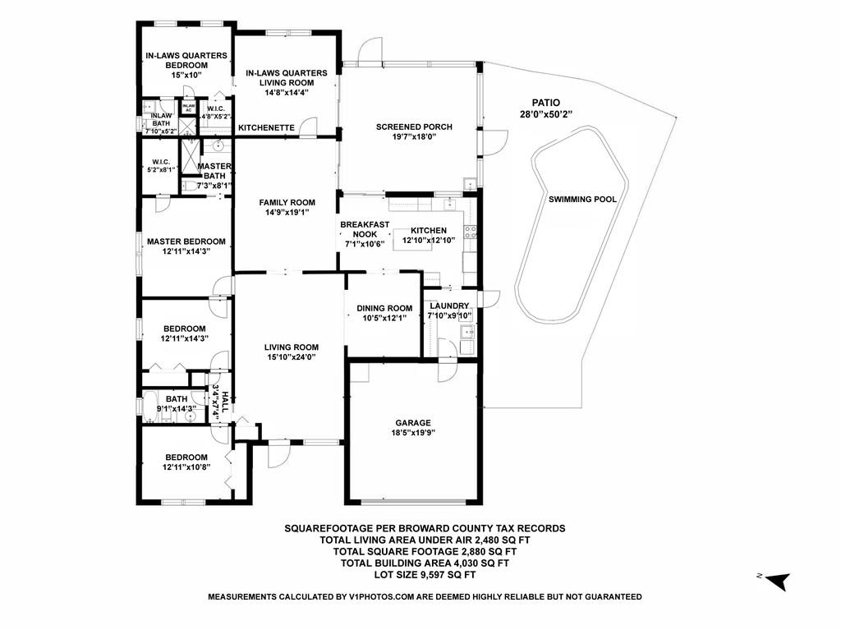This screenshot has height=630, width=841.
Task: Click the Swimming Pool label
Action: [x=582, y=199]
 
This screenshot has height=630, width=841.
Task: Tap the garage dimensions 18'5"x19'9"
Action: [x=413, y=433]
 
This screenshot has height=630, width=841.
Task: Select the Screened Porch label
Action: [x=414, y=126]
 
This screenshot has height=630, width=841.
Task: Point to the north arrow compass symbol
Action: [x=778, y=581]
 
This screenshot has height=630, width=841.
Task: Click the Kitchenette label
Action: [x=267, y=127]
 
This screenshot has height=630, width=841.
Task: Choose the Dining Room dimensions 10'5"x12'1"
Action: [x=384, y=318]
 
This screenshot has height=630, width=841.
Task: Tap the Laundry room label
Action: [x=449, y=306]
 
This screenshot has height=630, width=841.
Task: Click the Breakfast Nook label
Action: [x=365, y=229]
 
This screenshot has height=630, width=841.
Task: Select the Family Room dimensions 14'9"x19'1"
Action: [x=287, y=213]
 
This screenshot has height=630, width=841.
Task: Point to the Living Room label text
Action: [x=292, y=347]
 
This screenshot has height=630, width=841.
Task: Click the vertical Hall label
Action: [x=225, y=402]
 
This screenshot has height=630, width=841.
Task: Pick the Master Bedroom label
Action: [x=186, y=241]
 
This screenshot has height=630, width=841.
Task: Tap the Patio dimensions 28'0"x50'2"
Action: [x=546, y=114]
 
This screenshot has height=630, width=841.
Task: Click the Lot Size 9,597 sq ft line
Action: [x=425, y=575]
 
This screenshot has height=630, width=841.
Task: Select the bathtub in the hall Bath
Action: [x=149, y=408]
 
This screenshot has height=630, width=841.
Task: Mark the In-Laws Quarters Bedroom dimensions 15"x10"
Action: [x=186, y=75]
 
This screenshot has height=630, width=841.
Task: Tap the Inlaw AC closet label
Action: [x=188, y=108]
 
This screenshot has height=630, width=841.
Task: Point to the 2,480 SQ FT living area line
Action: [x=425, y=540]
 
